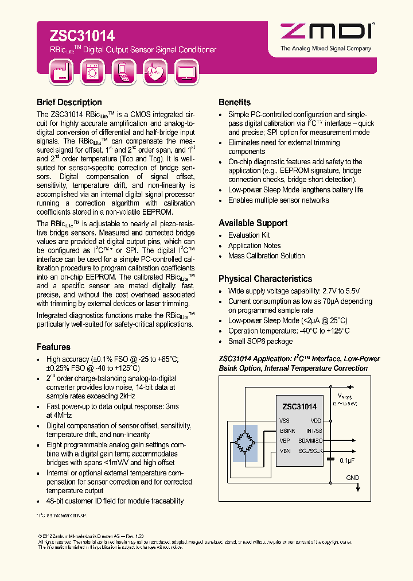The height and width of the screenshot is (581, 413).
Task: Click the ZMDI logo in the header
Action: [x=325, y=34]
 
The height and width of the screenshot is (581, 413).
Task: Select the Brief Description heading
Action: [x=69, y=102]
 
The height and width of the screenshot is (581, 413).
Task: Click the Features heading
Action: [x=53, y=347]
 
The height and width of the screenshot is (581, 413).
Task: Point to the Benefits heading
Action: [x=235, y=102]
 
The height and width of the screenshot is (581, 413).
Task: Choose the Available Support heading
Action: [x=253, y=223]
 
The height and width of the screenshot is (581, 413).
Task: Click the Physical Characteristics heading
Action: [x=265, y=278]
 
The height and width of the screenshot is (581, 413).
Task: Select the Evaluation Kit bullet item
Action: [x=249, y=235]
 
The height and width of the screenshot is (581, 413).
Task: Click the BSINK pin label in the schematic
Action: [x=287, y=430]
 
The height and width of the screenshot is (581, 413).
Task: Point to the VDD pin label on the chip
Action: [x=316, y=420]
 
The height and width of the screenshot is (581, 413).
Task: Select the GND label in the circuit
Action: [x=352, y=478]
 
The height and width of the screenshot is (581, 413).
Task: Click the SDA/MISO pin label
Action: [x=310, y=440]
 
